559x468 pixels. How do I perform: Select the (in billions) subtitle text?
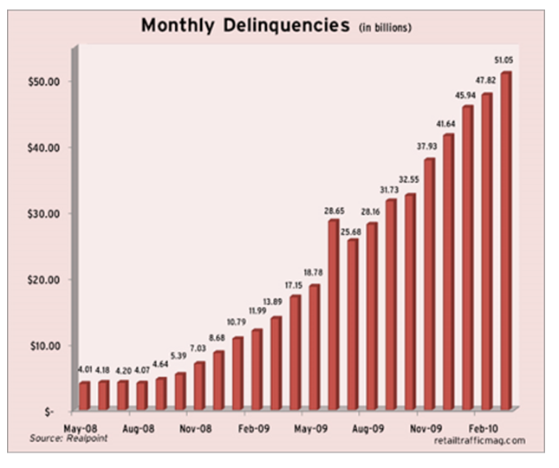point(385,29)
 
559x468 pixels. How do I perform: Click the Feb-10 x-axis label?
point(484,427)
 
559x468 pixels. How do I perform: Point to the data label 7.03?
point(198,348)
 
